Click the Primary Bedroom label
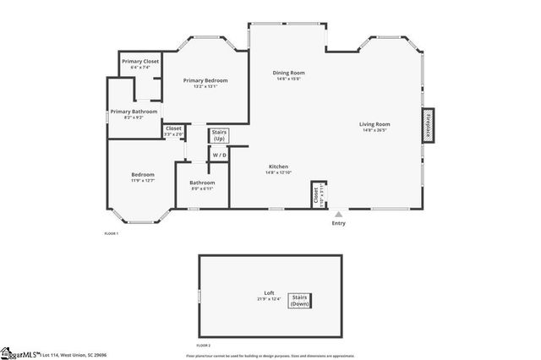pyautogui.click(x=205, y=80)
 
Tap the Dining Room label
pyautogui.click(x=288, y=73)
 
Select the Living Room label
pyautogui.click(x=376, y=123)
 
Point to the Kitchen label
pyautogui.click(x=280, y=166)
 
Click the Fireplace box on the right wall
pyautogui.click(x=429, y=123)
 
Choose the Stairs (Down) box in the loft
pyautogui.click(x=300, y=300)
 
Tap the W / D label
pyautogui.click(x=219, y=155)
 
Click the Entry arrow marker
pyautogui.click(x=339, y=214)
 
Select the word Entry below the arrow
pyautogui.click(x=339, y=223)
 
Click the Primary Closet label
pyautogui.click(x=140, y=62)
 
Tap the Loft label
pyautogui.click(x=269, y=293)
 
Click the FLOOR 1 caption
pyautogui.click(x=112, y=233)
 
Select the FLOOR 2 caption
pyautogui.click(x=204, y=346)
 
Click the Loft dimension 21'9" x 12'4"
pyautogui.click(x=268, y=299)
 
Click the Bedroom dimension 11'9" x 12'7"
pyautogui.click(x=143, y=181)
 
